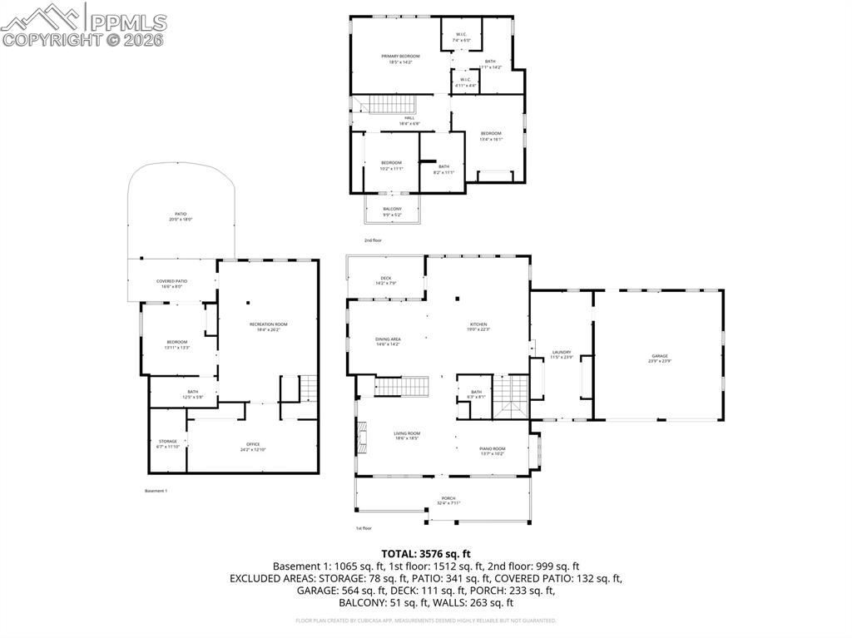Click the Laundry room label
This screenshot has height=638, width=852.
tap(562, 354)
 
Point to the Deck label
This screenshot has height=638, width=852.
tap(385, 280)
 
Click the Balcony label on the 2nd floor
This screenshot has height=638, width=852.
tap(392, 211)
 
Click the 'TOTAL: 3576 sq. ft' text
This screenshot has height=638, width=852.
tap(426, 553)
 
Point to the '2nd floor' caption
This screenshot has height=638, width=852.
tap(373, 240)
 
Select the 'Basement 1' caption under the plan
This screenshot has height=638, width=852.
tap(156, 491)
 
